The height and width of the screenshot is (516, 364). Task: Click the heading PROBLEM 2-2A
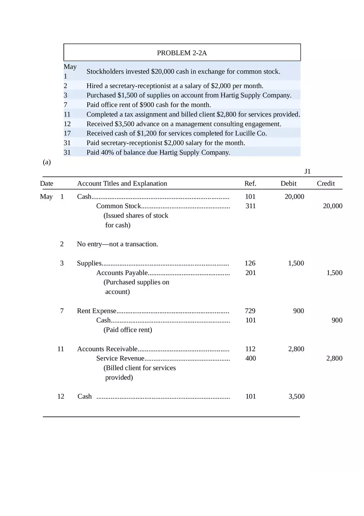coord(182,53)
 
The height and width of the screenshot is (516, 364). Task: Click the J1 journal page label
coord(307,171)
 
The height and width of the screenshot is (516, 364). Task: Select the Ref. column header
coord(250,183)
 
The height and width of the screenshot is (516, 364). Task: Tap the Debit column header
coord(288,183)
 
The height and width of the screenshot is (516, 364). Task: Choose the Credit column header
coord(326,183)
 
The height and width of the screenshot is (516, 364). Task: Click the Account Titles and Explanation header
coord(122,183)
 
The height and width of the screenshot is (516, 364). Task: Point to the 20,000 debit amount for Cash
coord(294,197)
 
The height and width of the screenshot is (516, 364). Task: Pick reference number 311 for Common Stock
coord(250,206)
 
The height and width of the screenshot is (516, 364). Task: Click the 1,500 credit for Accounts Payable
coord(334,273)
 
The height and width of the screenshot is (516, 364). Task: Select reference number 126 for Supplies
coord(250,263)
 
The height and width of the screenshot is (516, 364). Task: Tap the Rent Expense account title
coord(97,311)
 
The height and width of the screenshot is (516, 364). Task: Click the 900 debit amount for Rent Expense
coord(298,311)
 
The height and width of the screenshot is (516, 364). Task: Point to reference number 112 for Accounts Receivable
coord(250,349)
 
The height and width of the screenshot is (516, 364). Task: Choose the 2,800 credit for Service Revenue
coord(334,358)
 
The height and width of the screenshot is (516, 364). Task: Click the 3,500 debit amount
coord(297,396)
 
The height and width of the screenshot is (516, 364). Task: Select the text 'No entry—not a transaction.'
coord(117,244)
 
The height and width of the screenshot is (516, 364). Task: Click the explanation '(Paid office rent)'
coord(128,330)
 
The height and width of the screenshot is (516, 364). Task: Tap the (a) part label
coord(47,162)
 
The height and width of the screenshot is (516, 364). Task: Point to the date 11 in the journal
coord(61,349)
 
